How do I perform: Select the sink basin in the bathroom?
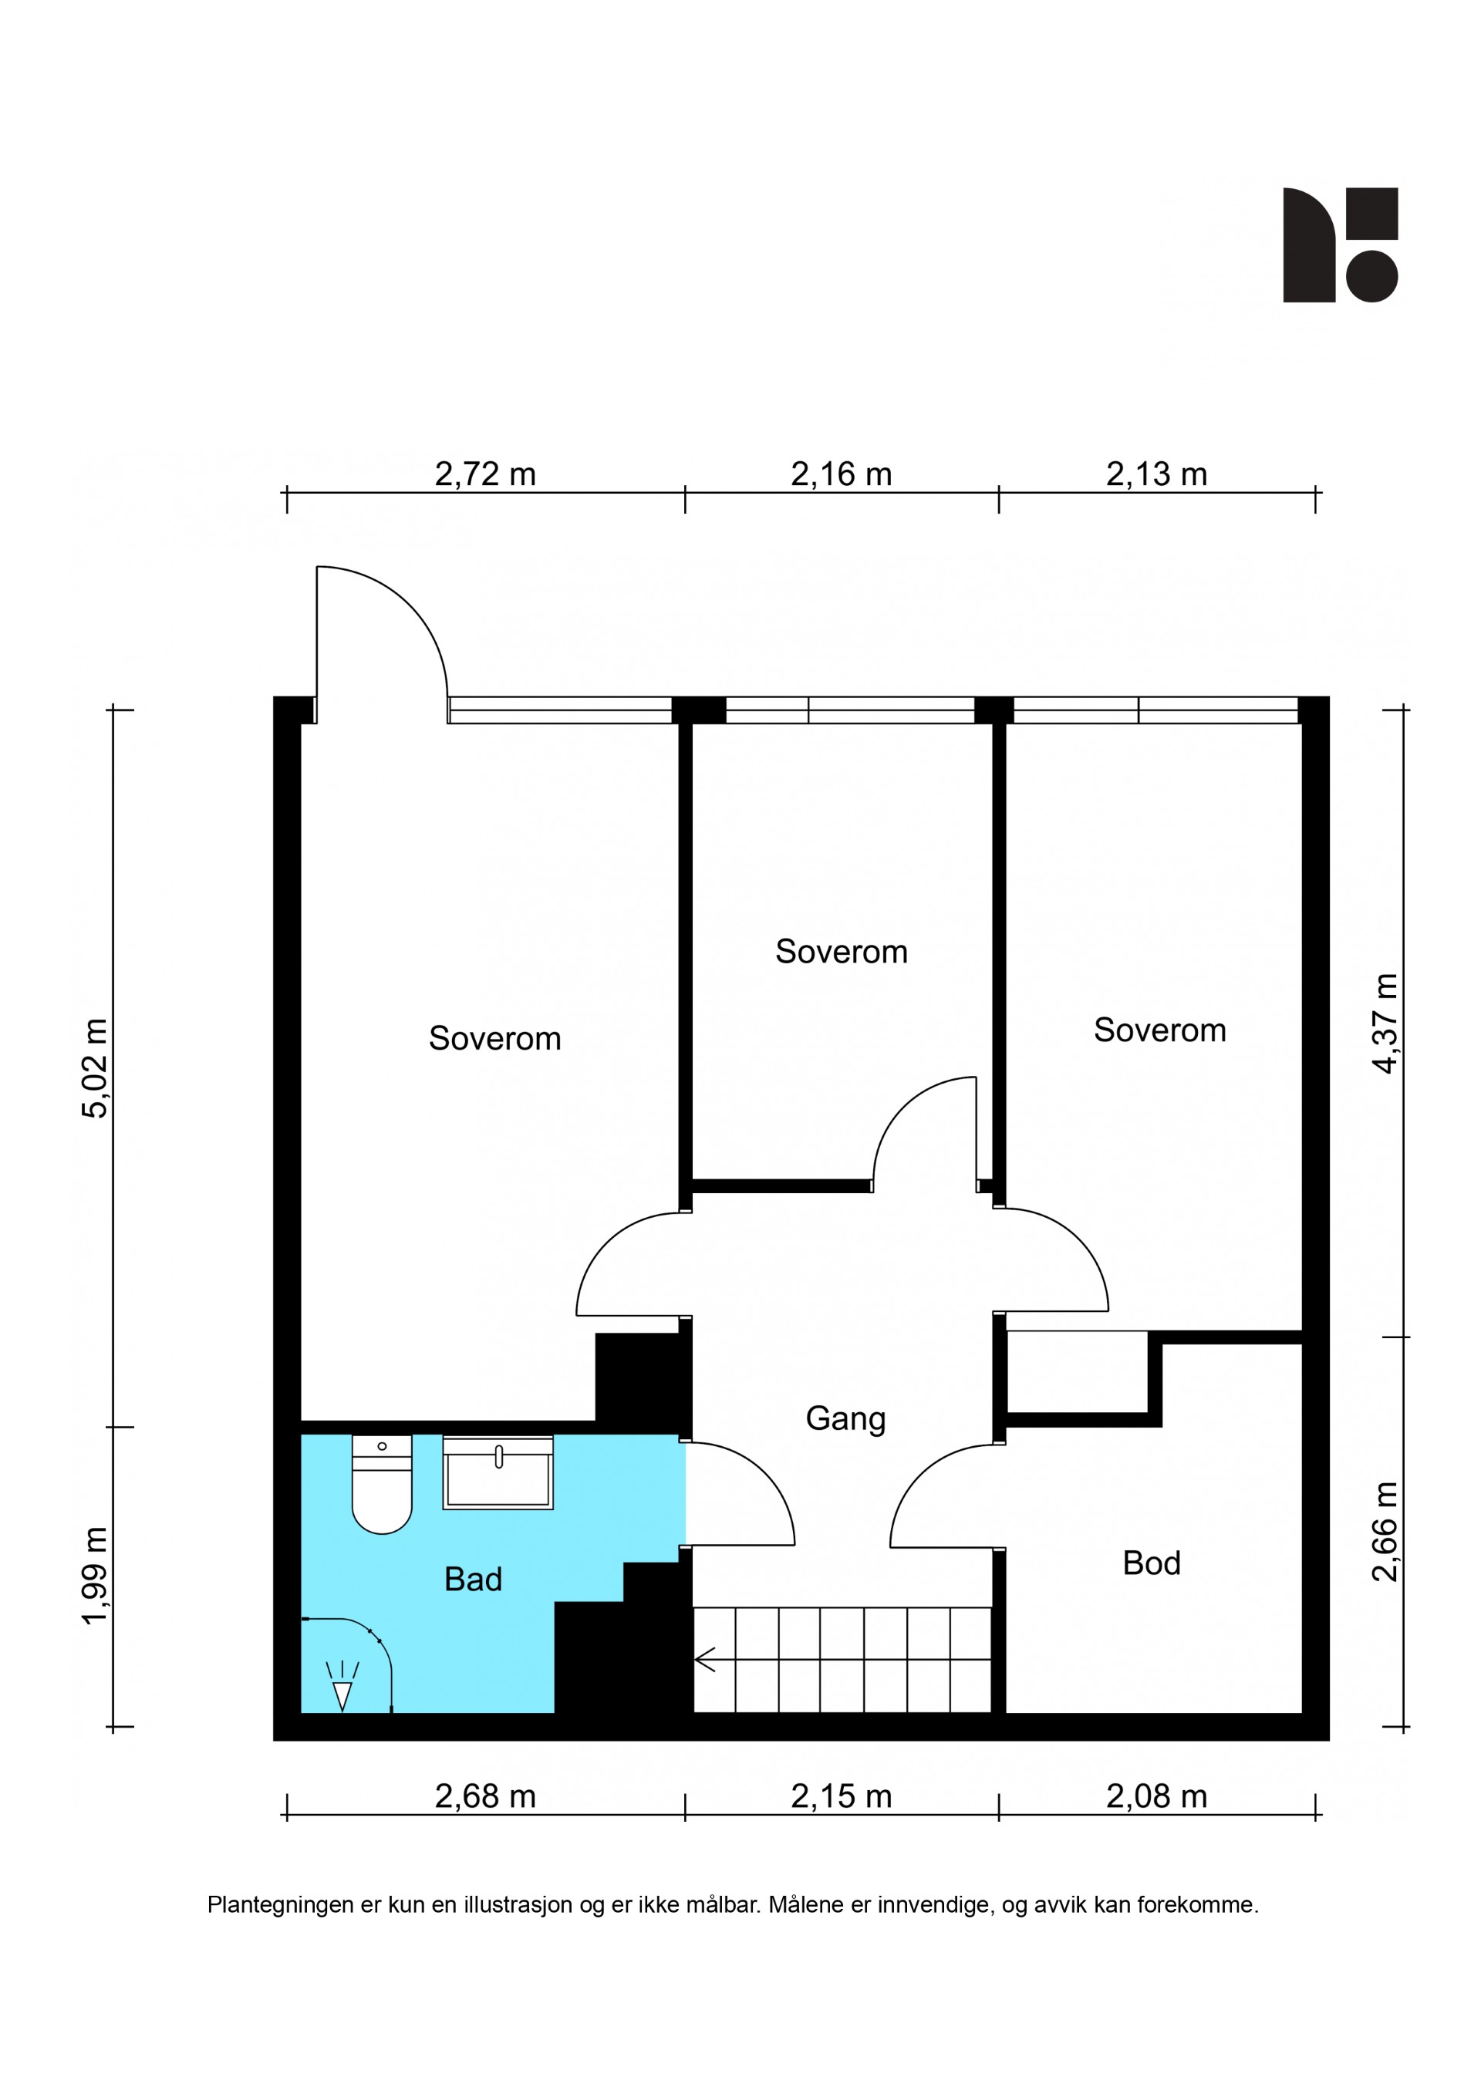pos(498,1473)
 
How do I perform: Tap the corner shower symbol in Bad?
pos(347,1665)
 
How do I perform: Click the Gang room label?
pos(845,1419)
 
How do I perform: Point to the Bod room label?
pos(1151,1563)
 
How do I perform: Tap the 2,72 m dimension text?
pos(485,474)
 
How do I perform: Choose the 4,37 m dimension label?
pos(1385,1023)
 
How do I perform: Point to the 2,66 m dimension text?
pos(1385,1533)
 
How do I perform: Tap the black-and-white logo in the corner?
pos(1340,244)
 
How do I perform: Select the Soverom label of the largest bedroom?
pos(494,1039)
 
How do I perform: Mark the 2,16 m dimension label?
pos(841,474)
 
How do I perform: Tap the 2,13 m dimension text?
pos(1156,474)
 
